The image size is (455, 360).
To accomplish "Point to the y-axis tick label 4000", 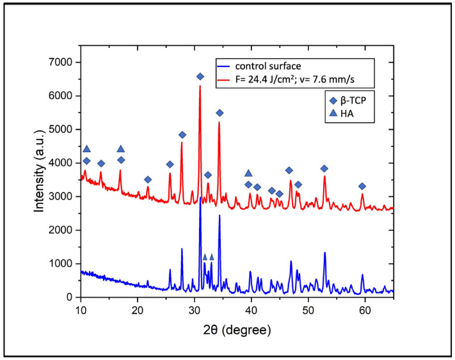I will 63,163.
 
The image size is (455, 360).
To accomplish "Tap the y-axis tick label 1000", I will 63,263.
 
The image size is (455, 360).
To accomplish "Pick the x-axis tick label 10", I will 81,310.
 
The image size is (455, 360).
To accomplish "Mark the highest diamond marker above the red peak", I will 200,77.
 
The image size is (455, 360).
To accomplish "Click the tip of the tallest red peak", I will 200,86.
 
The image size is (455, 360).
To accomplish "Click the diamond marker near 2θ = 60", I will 362,186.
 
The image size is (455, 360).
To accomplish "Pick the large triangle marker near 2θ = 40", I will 248,173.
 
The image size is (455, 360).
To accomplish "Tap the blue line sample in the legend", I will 223,66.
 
